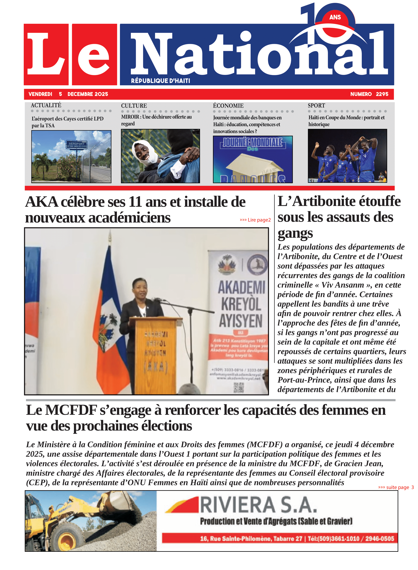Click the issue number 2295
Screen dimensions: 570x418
tap(382, 94)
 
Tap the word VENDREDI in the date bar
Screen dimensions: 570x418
tap(40, 94)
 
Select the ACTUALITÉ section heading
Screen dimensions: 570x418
tap(46, 105)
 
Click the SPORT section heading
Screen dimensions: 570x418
tap(316, 105)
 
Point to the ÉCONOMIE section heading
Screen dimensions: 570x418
tap(228, 106)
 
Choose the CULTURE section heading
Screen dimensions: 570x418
tap(134, 106)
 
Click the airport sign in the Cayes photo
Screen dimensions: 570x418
tap(76, 144)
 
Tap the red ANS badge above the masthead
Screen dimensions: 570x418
tap(335, 17)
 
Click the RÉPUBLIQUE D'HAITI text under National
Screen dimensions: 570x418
tap(160, 81)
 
